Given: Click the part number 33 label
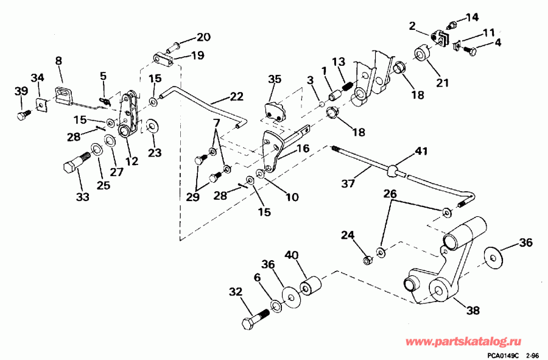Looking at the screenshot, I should pyautogui.click(x=82, y=197).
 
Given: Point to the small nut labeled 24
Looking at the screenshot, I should pyautogui.click(x=367, y=261).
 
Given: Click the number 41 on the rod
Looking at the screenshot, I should pyautogui.click(x=421, y=150).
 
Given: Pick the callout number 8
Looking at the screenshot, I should pyautogui.click(x=58, y=60).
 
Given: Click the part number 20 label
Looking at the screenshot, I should pyautogui.click(x=203, y=37).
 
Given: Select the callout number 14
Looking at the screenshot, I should pyautogui.click(x=472, y=16).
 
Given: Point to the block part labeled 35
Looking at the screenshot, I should pyautogui.click(x=274, y=111).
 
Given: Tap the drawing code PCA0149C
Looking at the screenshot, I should pyautogui.click(x=502, y=355).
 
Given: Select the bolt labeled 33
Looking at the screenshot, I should pyautogui.click(x=74, y=166).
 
